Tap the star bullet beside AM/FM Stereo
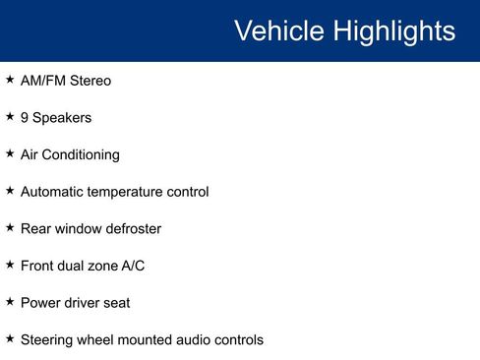click(10, 80)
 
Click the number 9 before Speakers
click(25, 118)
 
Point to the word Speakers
click(62, 118)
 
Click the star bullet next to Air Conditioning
click(10, 153)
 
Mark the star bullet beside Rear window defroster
click(10, 227)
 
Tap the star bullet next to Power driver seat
click(10, 301)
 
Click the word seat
click(115, 303)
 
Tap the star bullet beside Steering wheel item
click(10, 338)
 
